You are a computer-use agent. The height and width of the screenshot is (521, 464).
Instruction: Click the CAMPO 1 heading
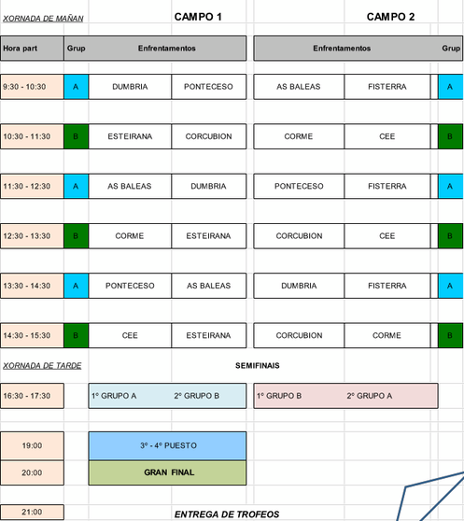[198, 17]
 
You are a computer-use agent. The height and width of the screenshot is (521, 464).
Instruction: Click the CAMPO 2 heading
[390, 17]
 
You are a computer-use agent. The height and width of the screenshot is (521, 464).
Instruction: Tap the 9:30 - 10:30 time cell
[32, 87]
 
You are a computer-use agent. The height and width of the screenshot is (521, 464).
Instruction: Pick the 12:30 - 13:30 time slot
[32, 236]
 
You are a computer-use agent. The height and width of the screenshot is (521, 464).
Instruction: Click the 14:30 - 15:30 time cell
[32, 335]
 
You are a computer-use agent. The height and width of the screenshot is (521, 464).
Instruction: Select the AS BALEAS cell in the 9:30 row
[299, 87]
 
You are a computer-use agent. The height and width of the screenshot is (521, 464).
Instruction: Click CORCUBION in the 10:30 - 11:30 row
[209, 136]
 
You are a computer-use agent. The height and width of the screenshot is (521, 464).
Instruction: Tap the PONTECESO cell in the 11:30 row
[299, 186]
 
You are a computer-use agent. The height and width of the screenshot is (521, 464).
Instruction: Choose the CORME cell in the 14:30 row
[387, 335]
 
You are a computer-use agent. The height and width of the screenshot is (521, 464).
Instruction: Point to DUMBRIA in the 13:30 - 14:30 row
[299, 286]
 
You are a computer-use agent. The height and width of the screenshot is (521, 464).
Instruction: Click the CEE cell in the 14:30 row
[130, 335]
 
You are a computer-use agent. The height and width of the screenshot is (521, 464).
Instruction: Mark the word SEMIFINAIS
[258, 365]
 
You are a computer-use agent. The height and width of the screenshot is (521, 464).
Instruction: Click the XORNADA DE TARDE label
[42, 366]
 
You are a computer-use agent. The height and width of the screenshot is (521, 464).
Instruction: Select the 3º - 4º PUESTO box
[167, 446]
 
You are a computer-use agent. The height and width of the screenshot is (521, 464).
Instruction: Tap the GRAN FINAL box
[167, 472]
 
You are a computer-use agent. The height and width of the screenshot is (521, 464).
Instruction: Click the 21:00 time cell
[32, 512]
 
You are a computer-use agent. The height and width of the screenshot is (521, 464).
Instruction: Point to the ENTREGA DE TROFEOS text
[227, 514]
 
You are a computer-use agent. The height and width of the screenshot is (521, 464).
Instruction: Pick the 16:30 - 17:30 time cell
[32, 396]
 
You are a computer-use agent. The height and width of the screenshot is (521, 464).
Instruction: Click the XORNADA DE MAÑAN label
[43, 19]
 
